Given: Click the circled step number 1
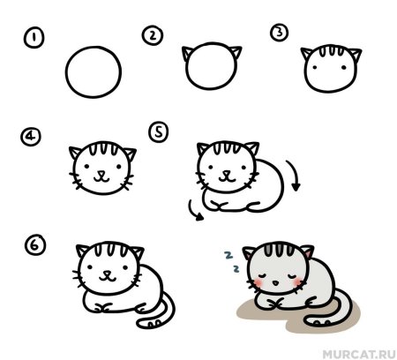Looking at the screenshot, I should click(x=34, y=38).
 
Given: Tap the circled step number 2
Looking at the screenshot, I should click(x=153, y=35).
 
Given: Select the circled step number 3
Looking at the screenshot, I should click(x=280, y=34).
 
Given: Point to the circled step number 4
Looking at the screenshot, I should click(x=33, y=139).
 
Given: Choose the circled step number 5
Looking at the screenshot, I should click(x=159, y=131).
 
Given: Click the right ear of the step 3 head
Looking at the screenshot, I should click(x=354, y=56).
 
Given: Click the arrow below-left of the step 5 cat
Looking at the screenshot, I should click(x=192, y=208).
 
